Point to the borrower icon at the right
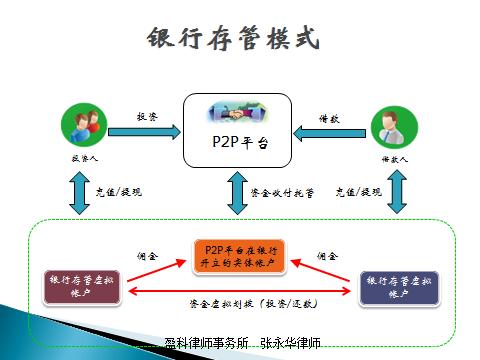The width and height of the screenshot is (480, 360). coord(389,126)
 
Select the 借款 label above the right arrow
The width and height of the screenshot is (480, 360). coord(331,116)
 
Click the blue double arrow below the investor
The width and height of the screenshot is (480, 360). coord(79,191)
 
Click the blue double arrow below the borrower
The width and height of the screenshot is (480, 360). coord(392,191)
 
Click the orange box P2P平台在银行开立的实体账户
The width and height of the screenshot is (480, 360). coord(239,256)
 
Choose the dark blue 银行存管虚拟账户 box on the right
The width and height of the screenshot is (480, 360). coord(399,287)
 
